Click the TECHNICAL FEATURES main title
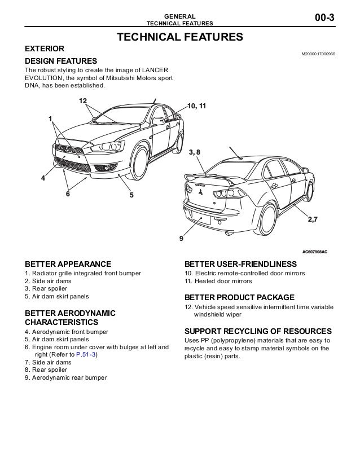pos(179,38)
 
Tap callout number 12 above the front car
pos(83,100)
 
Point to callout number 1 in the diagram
pos(50,119)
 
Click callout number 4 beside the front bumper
pos(42,178)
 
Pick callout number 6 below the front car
pos(68,194)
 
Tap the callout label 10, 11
pos(196,105)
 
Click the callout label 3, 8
pos(194,152)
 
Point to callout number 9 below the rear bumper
pos(181,238)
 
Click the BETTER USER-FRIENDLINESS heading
pos(240,264)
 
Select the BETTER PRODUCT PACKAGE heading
pos(239,297)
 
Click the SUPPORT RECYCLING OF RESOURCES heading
pos(258,331)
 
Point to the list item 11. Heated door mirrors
pos(218,281)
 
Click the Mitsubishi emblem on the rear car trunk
pos(200,194)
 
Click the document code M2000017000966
pos(318,54)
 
